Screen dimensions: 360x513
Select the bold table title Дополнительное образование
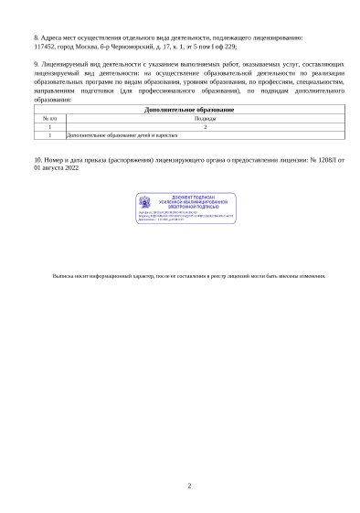click(189, 110)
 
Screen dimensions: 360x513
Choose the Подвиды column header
click(206, 119)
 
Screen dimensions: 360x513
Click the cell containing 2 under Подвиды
click(206, 127)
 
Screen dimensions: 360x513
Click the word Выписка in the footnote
click(64, 275)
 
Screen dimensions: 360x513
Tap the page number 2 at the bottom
click(189, 486)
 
